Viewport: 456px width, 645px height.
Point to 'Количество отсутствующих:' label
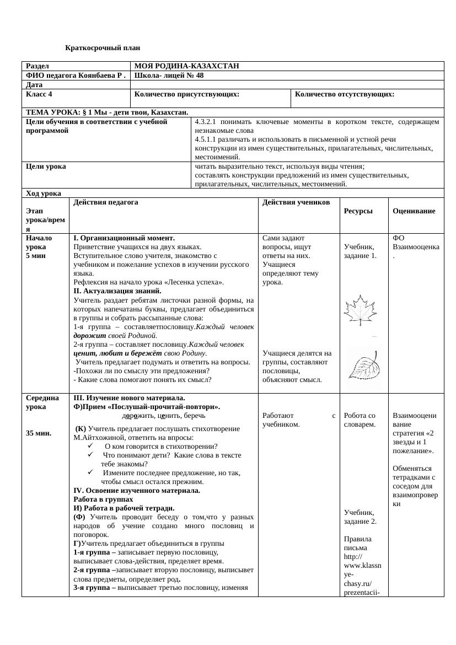345,94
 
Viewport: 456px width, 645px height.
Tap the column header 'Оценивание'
414,211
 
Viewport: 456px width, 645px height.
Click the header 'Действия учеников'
296,202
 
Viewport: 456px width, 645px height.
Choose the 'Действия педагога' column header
105,202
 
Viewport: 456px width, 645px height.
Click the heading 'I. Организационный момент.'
116,238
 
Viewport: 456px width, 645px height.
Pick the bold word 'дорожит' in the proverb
87,335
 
